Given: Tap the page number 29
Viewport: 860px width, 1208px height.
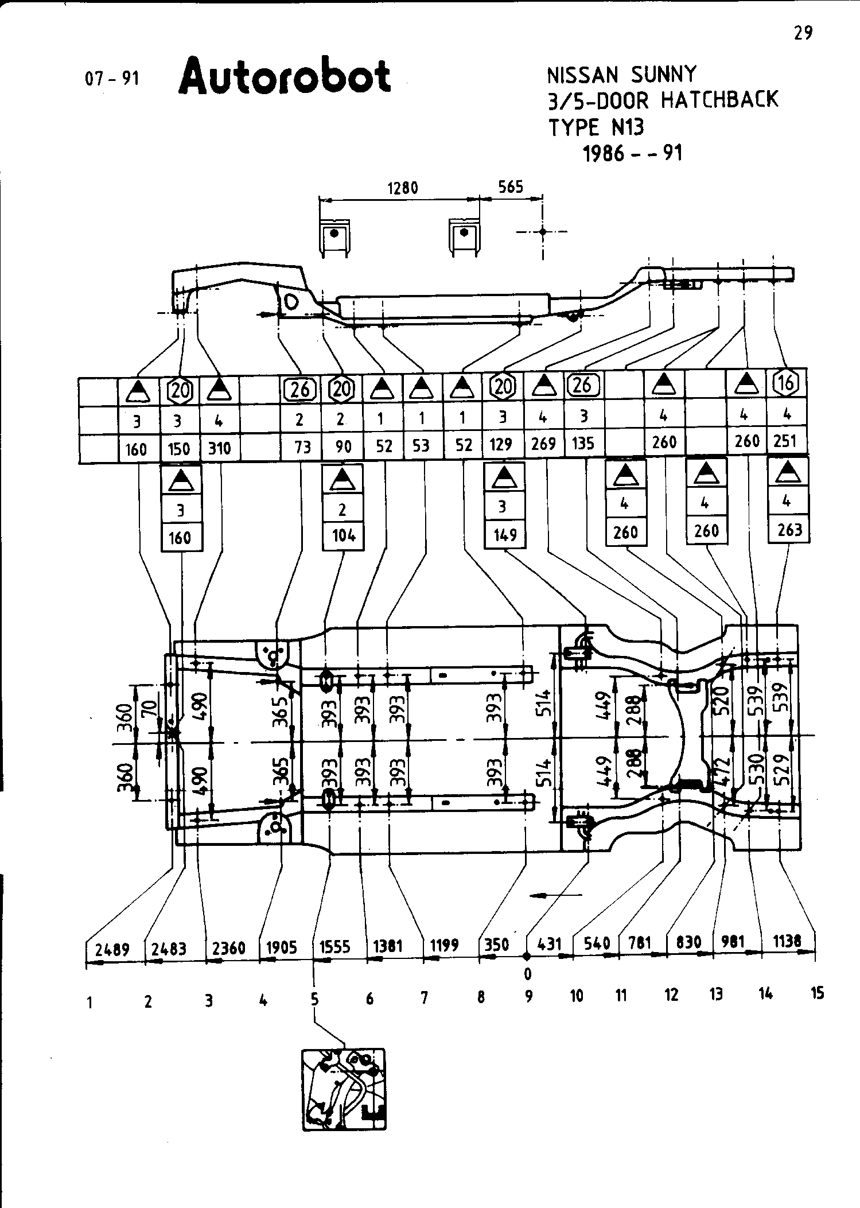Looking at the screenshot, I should point(803,33).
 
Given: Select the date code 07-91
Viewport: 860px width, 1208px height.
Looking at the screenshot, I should point(112,78).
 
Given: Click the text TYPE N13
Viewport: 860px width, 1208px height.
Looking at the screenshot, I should point(596,127).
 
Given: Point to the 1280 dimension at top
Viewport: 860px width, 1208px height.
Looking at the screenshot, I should point(403,188).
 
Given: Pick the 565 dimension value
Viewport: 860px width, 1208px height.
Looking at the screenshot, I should point(511,187).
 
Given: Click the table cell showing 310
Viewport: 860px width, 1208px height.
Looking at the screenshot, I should point(219,448).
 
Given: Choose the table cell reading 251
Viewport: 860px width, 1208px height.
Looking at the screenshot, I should point(785,441).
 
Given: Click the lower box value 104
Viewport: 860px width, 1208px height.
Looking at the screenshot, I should point(343,535).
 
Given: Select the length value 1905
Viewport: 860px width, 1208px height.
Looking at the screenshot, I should point(281,947).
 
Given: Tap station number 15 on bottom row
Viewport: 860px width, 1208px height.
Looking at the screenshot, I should point(818,993).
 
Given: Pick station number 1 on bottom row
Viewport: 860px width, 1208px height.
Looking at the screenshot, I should point(91,1003).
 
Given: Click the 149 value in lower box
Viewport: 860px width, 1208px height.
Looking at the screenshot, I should point(505,535).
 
